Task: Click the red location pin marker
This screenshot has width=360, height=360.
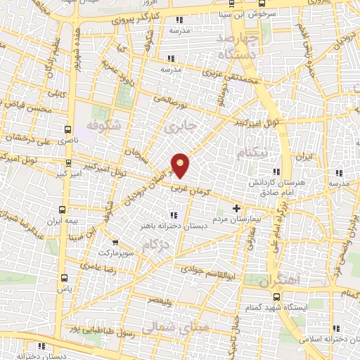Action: click(181, 165)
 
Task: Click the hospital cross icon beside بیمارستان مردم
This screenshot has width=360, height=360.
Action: click(236, 208)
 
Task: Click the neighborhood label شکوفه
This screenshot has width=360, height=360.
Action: click(104, 126)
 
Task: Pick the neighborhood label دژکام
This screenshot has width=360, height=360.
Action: click(155, 246)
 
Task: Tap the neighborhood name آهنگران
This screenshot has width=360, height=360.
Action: click(278, 280)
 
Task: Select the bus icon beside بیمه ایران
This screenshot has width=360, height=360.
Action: click(63, 210)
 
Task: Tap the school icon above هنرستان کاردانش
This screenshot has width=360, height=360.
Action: click(277, 172)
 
